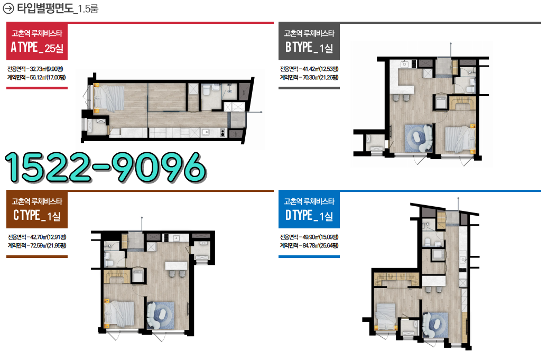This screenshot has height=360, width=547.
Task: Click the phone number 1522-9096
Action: (x=105, y=168)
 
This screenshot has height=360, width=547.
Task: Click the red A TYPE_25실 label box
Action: (x=37, y=42)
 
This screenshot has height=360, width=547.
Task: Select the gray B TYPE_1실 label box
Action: (x=309, y=42)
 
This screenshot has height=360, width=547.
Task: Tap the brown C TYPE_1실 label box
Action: (x=37, y=210)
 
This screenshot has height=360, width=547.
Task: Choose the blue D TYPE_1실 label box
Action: (x=309, y=210)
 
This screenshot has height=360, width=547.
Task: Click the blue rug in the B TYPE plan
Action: (x=418, y=138)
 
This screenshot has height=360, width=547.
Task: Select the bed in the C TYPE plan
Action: (x=119, y=314)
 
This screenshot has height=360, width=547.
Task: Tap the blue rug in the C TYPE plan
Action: (x=161, y=315)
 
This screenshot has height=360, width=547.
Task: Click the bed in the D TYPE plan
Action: (x=385, y=316)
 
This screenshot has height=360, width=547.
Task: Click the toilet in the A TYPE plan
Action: (x=206, y=90)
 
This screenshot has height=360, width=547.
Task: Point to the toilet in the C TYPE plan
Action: (x=108, y=260)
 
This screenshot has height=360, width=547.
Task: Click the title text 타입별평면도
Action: (x=45, y=8)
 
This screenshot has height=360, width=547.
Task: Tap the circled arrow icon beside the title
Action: (x=8, y=8)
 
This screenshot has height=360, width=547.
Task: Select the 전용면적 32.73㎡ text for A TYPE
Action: (x=35, y=69)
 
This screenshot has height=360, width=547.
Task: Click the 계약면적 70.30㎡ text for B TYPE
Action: (x=309, y=77)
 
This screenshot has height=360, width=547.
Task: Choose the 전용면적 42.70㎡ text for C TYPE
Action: (x=37, y=237)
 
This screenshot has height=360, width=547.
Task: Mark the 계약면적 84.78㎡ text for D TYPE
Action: (x=309, y=245)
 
